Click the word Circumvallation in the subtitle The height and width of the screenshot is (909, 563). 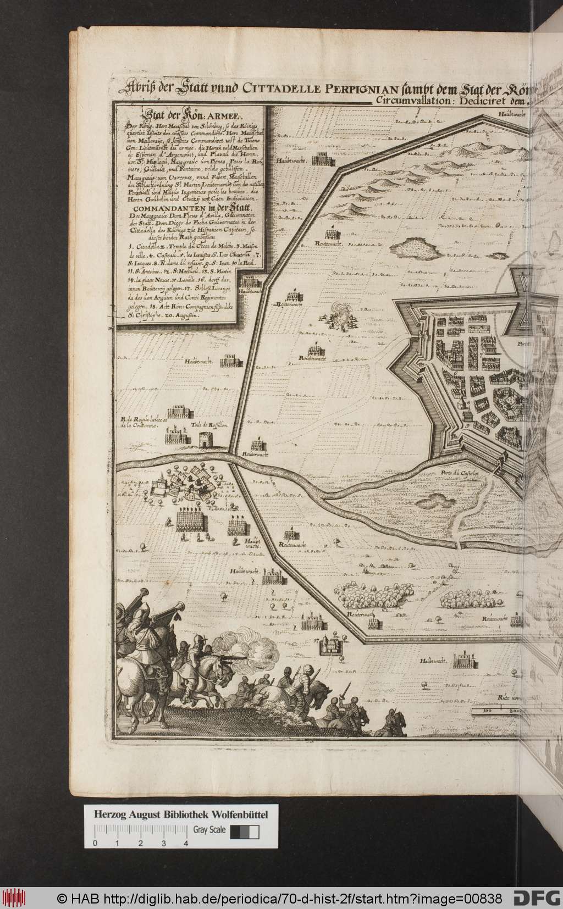[x=406, y=100]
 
